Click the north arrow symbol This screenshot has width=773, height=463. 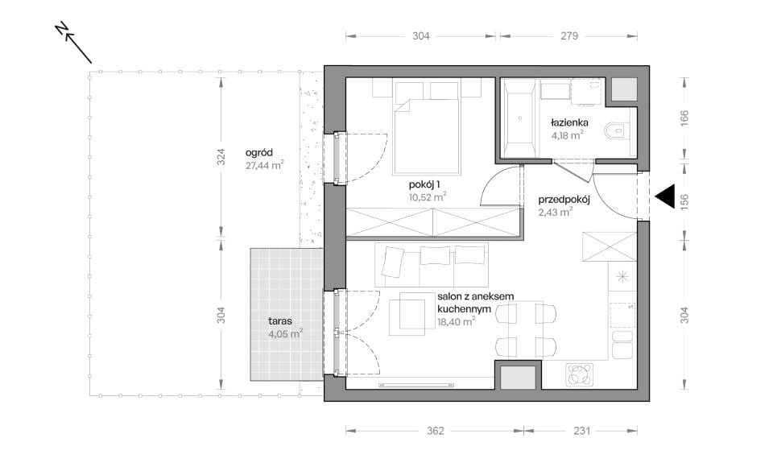[74, 43]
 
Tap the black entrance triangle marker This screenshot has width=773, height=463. [665, 196]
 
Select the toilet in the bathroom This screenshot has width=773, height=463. [617, 131]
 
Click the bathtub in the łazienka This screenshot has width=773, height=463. [519, 118]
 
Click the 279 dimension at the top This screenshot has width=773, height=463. [569, 36]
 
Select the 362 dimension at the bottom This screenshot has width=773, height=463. [436, 431]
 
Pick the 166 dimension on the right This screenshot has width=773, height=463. [684, 118]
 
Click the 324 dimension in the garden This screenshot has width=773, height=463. [221, 157]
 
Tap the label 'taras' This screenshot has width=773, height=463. [280, 321]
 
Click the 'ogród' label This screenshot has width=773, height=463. [258, 153]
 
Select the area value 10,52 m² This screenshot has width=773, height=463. [428, 197]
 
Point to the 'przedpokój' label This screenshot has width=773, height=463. [564, 200]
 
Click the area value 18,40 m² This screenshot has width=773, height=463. [456, 321]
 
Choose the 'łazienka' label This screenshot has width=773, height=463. [569, 122]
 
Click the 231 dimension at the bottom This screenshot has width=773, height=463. [581, 431]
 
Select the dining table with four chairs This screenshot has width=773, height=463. [526, 330]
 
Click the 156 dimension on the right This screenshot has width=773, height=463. [684, 200]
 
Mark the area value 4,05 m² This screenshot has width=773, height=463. [285, 334]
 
